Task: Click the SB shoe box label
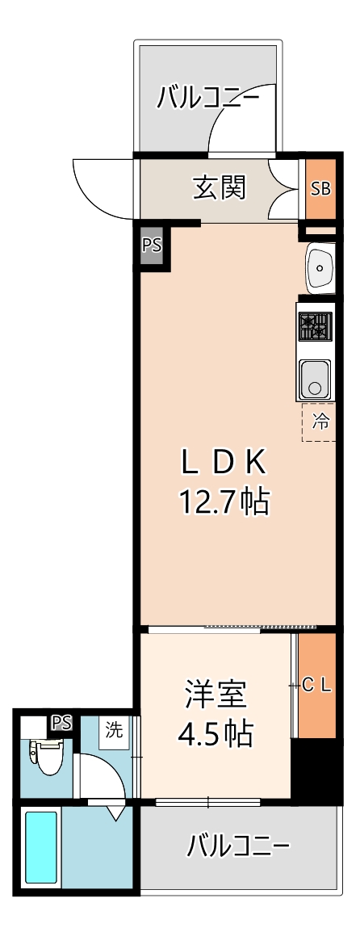point(321,189)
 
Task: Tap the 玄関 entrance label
point(219,188)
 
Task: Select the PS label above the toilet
point(61,722)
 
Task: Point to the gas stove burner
point(315,325)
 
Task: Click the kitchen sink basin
point(315,377)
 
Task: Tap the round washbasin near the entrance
point(320,267)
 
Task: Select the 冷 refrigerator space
point(320,422)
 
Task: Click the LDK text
point(223,462)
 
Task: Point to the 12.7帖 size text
point(223,502)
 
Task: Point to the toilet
point(47,755)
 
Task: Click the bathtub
point(41,848)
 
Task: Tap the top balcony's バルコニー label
point(208,99)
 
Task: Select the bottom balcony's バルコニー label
point(238,846)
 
